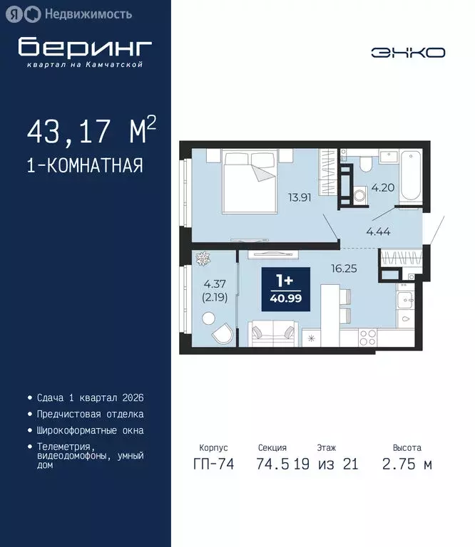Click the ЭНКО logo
[408, 52]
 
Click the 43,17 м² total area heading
[91, 132]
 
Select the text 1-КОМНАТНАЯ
[85, 166]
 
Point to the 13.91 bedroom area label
[300, 198]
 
